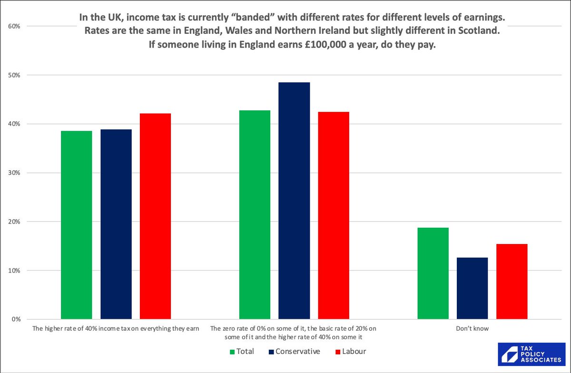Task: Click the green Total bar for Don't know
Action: point(433,274)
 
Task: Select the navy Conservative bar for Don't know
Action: point(472,288)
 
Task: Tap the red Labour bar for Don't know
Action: point(512,282)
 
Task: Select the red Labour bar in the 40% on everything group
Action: point(155,216)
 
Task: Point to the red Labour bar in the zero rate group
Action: point(334,216)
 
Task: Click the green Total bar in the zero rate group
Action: point(255,215)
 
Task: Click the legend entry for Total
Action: point(242,352)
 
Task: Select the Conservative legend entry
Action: point(294,352)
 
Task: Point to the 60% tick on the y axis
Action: point(14,26)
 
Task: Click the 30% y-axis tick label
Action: point(14,173)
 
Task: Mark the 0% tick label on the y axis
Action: point(15,319)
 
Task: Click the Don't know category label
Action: point(472,328)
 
